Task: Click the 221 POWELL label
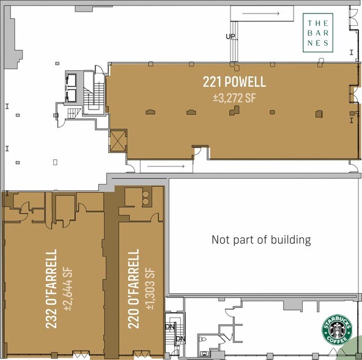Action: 234,81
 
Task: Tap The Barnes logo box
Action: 319,31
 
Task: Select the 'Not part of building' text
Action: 261,239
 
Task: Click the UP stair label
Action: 231,37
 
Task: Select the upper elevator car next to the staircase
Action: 72,80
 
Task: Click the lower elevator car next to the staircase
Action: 72,95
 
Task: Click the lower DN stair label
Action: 180,339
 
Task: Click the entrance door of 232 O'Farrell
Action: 81,355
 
